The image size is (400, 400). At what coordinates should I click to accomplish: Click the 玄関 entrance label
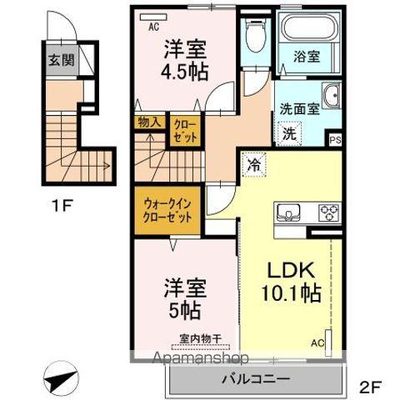click(57, 60)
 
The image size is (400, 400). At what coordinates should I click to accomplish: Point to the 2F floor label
click(372, 386)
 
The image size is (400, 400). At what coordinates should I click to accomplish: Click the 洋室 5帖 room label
click(183, 300)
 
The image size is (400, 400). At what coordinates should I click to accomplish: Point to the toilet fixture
click(256, 37)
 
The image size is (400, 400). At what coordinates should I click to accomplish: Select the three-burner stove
click(327, 211)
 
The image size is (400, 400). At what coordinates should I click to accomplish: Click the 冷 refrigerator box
click(252, 164)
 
